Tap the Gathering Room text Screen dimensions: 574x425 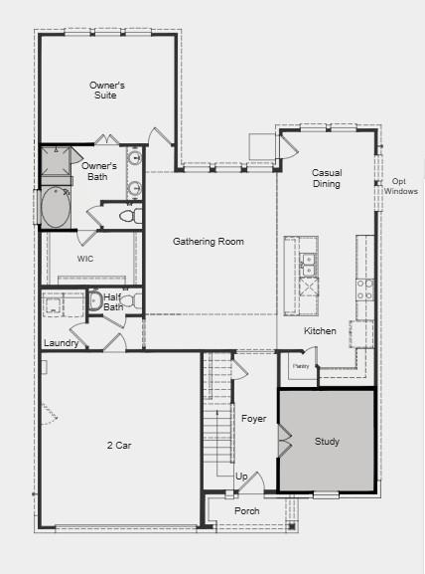pos(209,242)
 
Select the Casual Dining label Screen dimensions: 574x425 pos(327,178)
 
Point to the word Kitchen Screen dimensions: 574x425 pos(320,331)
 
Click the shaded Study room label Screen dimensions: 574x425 pos(328,441)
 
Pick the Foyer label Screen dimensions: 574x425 pos(253,419)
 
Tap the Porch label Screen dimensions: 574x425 pos(246,510)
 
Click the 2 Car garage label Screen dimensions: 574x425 pos(118,445)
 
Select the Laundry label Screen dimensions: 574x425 pos(61,344)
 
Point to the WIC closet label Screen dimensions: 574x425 pos(85,259)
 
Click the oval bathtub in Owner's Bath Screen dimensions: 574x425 pos(56,209)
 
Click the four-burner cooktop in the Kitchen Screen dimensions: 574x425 pos(364,289)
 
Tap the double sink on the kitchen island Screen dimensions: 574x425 pos(308,263)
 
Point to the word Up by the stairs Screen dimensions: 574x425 pos(241,477)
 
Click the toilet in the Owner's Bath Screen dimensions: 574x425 pos(129,215)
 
